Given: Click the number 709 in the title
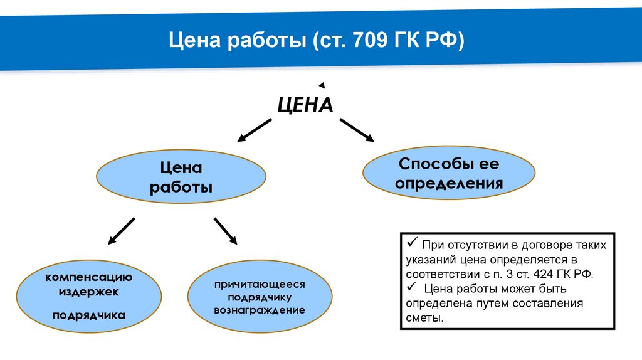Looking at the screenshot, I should click(366, 42).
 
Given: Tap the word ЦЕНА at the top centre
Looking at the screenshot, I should click(305, 104).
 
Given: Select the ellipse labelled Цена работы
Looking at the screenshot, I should click(181, 178).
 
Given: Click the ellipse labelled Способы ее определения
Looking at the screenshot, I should click(449, 174).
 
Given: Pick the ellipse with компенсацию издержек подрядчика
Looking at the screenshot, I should click(84, 298).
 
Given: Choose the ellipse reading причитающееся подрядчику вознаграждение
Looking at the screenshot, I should click(260, 297).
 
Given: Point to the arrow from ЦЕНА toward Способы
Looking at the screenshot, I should click(356, 130).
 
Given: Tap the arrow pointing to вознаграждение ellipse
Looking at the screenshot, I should click(225, 231).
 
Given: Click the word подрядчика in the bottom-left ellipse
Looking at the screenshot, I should click(88, 315).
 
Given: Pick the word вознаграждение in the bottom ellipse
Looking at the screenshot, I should click(260, 310).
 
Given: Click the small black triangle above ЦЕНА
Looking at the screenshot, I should click(321, 85).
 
